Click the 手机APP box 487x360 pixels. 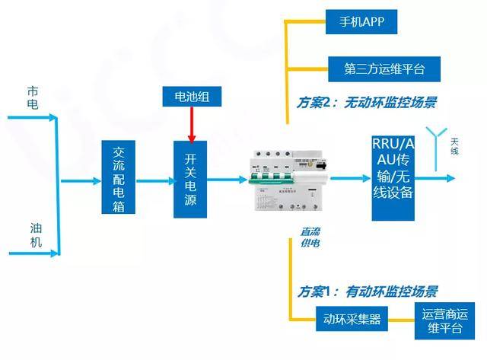tap(361, 22)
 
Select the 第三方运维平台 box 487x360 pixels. tap(384, 68)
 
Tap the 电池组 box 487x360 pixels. tap(192, 97)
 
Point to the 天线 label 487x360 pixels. tap(454, 146)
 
